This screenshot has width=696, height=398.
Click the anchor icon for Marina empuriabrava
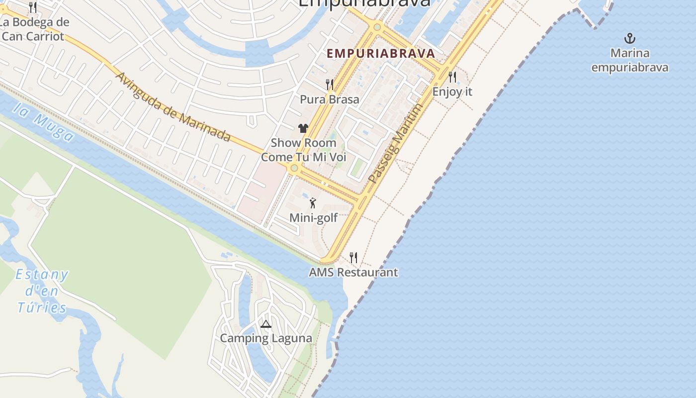(630, 38)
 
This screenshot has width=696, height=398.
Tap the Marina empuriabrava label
(630, 60)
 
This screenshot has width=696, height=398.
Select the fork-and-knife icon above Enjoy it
(452, 77)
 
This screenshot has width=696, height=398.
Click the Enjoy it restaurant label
(452, 92)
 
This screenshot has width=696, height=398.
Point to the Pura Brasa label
(329, 99)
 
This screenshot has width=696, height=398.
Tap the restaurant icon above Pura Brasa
(330, 84)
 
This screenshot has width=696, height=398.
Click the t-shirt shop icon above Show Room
(303, 128)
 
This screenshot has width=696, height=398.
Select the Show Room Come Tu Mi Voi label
(303, 150)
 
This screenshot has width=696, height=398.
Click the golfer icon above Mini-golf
(313, 203)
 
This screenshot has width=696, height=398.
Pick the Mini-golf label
(313, 218)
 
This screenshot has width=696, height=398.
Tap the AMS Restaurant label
(353, 273)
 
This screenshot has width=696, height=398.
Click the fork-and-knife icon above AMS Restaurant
(353, 257)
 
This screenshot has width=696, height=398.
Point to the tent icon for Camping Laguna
(266, 324)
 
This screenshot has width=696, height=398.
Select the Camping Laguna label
(266, 338)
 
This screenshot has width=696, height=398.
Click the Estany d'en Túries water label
(42, 291)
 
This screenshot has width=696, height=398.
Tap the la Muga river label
(44, 122)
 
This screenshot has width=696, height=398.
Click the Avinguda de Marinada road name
(173, 107)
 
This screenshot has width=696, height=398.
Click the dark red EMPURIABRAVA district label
(381, 53)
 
